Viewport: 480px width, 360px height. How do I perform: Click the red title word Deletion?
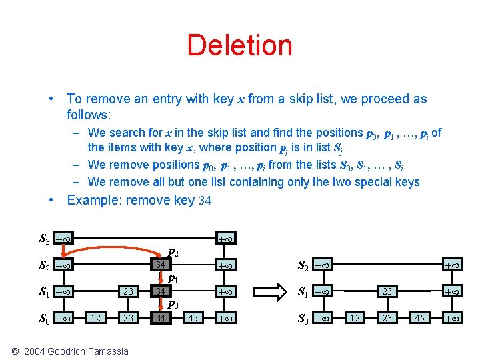[239, 45]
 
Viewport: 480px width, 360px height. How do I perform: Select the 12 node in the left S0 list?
[96, 318]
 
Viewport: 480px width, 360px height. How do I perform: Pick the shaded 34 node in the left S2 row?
[160, 265]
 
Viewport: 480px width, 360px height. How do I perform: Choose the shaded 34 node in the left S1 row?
[160, 291]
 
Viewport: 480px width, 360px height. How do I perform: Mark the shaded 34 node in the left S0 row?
[160, 318]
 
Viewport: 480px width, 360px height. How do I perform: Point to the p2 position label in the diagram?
[173, 253]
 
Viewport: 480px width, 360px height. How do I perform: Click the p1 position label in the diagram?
[172, 279]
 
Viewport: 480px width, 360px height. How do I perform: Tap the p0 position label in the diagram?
[172, 305]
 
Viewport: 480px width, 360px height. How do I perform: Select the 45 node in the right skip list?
[419, 318]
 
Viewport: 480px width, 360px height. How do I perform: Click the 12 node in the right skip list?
[355, 318]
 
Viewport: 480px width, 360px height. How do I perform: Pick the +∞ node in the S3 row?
[225, 239]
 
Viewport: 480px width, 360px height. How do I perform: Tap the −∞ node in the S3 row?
[64, 239]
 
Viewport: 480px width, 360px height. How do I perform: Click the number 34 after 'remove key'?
[204, 201]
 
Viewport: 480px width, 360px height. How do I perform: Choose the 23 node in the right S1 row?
[387, 291]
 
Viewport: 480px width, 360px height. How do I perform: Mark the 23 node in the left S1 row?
[128, 291]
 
